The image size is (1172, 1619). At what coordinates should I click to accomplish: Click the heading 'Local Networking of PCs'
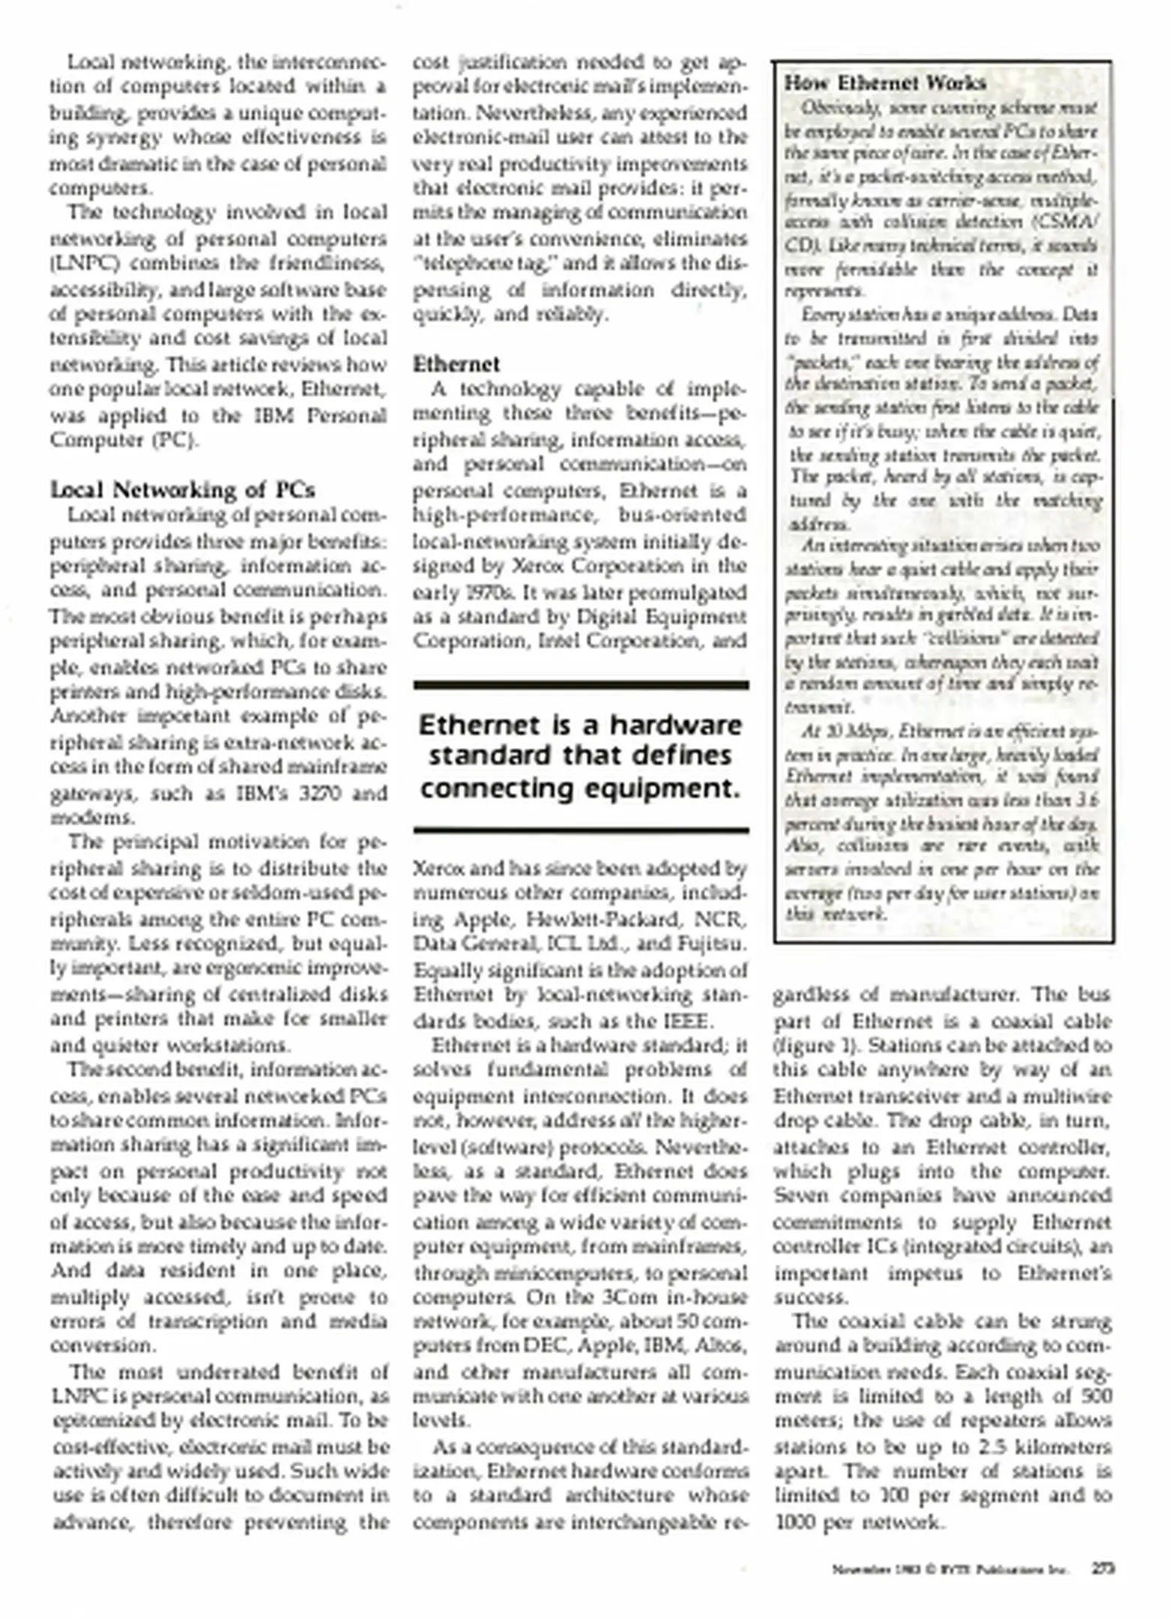(182, 490)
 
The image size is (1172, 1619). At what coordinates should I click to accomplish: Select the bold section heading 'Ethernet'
(456, 364)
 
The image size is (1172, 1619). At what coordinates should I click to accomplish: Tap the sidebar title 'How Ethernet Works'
(885, 83)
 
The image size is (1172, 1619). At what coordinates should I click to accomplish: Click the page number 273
(1102, 1568)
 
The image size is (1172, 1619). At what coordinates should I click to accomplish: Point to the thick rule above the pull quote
(581, 685)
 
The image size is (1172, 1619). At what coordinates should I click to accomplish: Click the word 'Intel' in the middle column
(557, 642)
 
